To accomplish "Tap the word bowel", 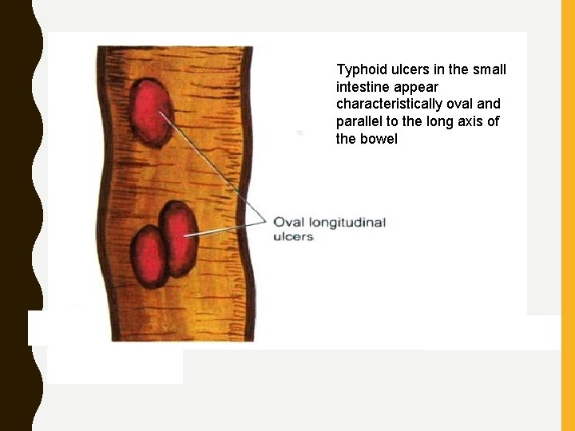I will click(x=379, y=140).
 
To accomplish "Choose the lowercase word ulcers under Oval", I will click(x=293, y=237).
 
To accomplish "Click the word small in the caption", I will click(x=489, y=69).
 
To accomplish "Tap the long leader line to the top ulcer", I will click(x=212, y=164).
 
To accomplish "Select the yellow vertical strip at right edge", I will click(x=568, y=215).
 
